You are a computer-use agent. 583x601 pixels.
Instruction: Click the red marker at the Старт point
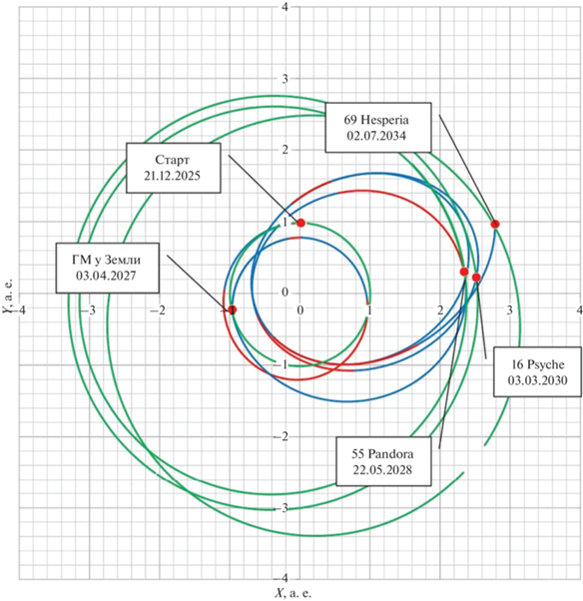[x=300, y=223]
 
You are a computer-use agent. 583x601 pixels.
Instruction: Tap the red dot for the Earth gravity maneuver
[x=233, y=309]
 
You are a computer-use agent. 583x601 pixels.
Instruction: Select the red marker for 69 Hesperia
[x=495, y=224]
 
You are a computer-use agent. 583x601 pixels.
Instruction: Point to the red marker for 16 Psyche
[x=476, y=278]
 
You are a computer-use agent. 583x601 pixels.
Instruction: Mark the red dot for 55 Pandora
[x=464, y=272]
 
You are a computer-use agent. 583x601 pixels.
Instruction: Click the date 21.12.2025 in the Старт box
[x=172, y=176]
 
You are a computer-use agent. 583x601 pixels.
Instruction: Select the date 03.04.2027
[x=106, y=276]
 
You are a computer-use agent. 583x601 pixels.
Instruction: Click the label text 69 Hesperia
[x=376, y=120]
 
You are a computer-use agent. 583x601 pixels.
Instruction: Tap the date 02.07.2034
[x=376, y=136]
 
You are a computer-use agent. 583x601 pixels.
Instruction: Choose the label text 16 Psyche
[x=537, y=364]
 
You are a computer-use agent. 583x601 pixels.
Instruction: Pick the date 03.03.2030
[x=537, y=380]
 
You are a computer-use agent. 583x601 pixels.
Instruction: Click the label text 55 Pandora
[x=382, y=454]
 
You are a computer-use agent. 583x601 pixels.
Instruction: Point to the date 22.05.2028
[x=382, y=470]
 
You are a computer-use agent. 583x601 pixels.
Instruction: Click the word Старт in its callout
[x=172, y=160]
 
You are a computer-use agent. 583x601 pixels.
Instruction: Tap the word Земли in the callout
[x=124, y=260]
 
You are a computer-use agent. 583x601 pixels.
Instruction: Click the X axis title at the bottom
[x=292, y=594]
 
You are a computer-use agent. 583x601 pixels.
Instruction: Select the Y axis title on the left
[x=8, y=296]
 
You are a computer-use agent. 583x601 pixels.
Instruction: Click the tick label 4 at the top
[x=285, y=7]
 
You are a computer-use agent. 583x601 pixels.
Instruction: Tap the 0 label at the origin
[x=285, y=293]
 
